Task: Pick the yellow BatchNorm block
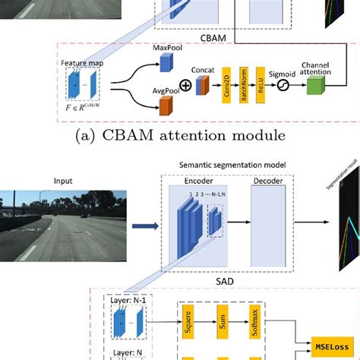244,86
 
